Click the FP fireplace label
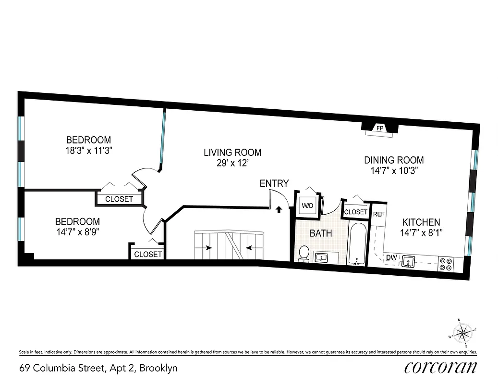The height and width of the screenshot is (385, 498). (x=380, y=128)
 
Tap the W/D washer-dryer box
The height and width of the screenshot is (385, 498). (x=307, y=206)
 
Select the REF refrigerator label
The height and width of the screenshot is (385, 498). (x=379, y=214)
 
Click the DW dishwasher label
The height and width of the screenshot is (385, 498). (x=391, y=258)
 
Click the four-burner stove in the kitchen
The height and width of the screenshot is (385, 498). (x=445, y=263)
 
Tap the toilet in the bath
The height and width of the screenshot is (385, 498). (x=304, y=253)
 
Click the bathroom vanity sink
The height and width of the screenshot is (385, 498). (x=321, y=257)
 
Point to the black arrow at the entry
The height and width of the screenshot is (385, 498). (x=279, y=209)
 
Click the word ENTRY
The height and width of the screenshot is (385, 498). (x=274, y=183)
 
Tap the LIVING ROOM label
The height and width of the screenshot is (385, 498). (x=232, y=153)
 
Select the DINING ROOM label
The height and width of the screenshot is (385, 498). (x=394, y=160)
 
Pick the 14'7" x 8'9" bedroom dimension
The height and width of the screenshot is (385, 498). (x=77, y=231)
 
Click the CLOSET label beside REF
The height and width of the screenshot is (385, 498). (x=356, y=212)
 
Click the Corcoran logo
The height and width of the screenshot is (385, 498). (x=440, y=368)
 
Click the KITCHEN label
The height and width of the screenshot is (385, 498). (x=421, y=222)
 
